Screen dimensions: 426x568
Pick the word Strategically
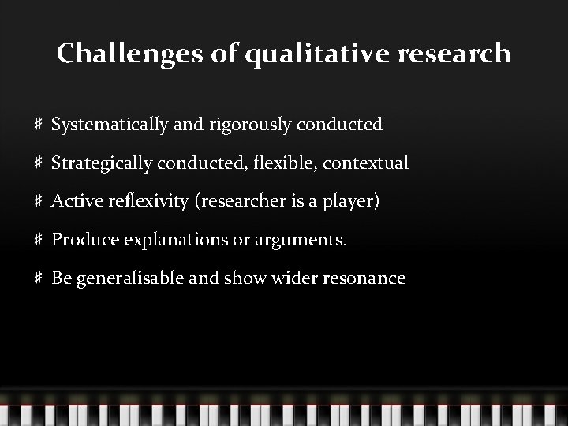(x=102, y=163)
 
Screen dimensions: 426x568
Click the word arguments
(x=303, y=240)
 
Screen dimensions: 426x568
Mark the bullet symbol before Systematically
(x=39, y=125)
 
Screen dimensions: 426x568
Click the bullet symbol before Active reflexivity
(x=39, y=202)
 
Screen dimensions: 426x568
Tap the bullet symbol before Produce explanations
(x=39, y=240)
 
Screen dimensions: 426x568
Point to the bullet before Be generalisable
(x=39, y=278)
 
